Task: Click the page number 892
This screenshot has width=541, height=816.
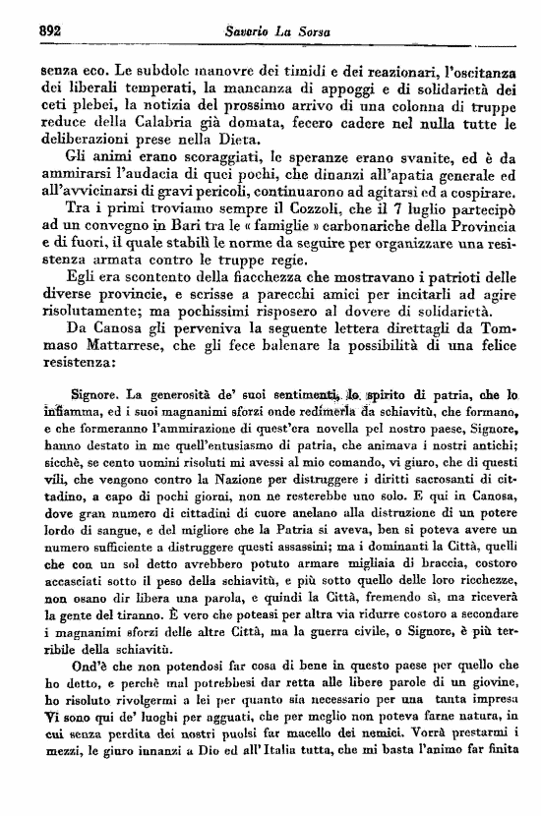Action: point(38,30)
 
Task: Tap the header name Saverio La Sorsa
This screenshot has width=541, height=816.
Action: point(280,31)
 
